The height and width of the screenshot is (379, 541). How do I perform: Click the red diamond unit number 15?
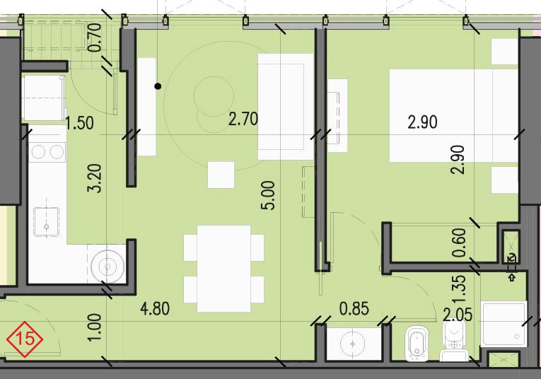(x=25, y=339)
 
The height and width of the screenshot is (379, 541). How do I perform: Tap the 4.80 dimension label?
(x=156, y=309)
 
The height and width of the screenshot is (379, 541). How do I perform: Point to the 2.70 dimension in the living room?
(x=243, y=119)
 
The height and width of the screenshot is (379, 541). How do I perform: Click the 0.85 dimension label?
(x=354, y=309)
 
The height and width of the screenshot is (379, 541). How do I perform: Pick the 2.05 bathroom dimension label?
(x=458, y=315)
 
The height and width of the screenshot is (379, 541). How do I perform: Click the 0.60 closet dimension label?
(x=460, y=243)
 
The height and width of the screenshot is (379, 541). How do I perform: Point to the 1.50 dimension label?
(x=80, y=124)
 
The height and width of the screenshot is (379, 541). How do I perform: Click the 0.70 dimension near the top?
(x=95, y=37)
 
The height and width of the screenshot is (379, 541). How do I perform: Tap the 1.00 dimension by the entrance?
(x=95, y=327)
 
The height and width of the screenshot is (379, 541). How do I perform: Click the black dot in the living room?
(x=158, y=86)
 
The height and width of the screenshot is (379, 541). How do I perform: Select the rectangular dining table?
(x=224, y=269)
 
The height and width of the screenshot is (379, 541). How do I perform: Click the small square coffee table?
(x=221, y=175)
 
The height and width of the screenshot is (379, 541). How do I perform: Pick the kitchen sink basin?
(x=46, y=222)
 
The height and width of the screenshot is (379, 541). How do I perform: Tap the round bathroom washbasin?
(x=352, y=344)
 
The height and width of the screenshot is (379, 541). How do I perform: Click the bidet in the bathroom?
(x=417, y=342)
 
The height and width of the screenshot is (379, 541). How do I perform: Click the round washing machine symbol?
(x=107, y=267)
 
